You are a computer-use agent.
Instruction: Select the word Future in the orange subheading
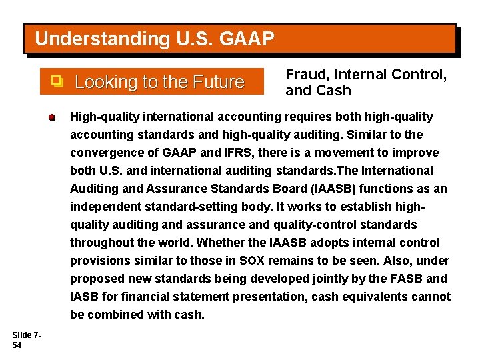click(x=218, y=83)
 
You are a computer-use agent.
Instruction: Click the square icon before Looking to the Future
click(x=57, y=82)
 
